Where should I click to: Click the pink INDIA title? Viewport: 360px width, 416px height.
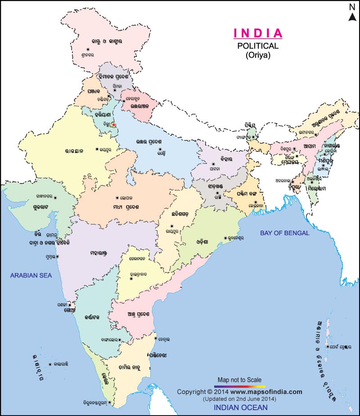[x=258, y=33]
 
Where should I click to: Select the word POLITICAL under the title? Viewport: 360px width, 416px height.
[x=258, y=46]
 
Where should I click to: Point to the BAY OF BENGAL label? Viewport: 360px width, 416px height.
[x=285, y=233]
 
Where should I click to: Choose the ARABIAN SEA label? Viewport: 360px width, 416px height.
[x=31, y=275]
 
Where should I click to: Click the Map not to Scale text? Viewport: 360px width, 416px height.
[x=239, y=380]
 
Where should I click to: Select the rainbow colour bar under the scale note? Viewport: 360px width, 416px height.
[x=239, y=386]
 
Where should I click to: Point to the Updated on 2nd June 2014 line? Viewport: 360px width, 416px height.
[x=239, y=399]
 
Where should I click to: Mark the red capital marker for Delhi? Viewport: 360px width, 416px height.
[x=113, y=125]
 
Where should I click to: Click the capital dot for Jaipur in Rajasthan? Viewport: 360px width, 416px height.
[x=96, y=149]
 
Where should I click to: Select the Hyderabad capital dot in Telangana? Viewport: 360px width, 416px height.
[x=131, y=279]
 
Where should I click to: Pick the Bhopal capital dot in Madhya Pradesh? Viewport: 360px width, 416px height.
[x=117, y=198]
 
